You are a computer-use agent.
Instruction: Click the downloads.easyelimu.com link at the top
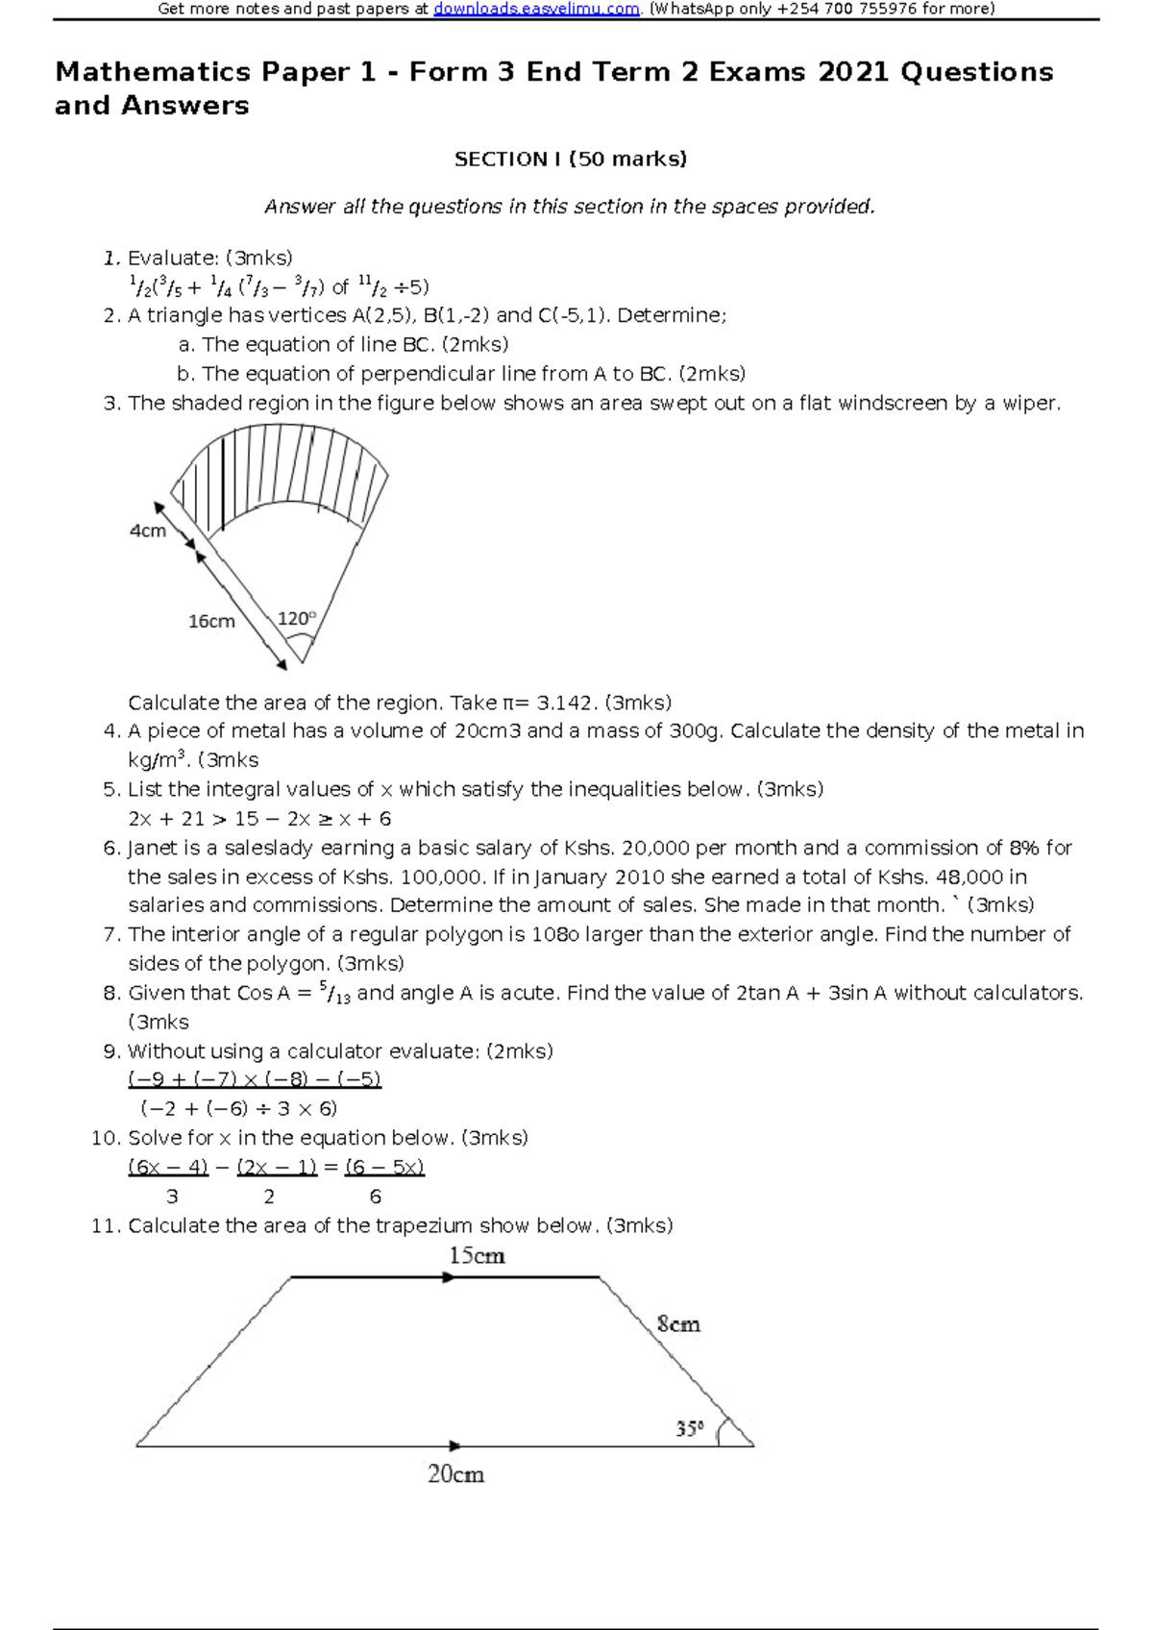point(536,10)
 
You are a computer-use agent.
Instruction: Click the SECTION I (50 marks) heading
point(570,160)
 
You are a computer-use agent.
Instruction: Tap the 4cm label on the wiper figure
point(148,531)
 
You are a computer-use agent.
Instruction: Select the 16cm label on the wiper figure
point(211,622)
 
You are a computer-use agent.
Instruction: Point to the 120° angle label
point(296,619)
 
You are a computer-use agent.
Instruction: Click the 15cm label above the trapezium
point(477,1256)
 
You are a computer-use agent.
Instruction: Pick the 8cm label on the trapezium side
point(678,1324)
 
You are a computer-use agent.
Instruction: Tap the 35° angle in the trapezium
point(690,1429)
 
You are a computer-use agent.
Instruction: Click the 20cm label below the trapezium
point(455,1474)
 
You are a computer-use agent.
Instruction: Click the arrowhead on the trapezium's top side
point(448,1277)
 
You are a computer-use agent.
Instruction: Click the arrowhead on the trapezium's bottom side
point(455,1445)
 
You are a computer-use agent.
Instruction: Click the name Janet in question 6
point(151,848)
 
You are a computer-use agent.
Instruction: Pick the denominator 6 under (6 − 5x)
point(376,1197)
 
